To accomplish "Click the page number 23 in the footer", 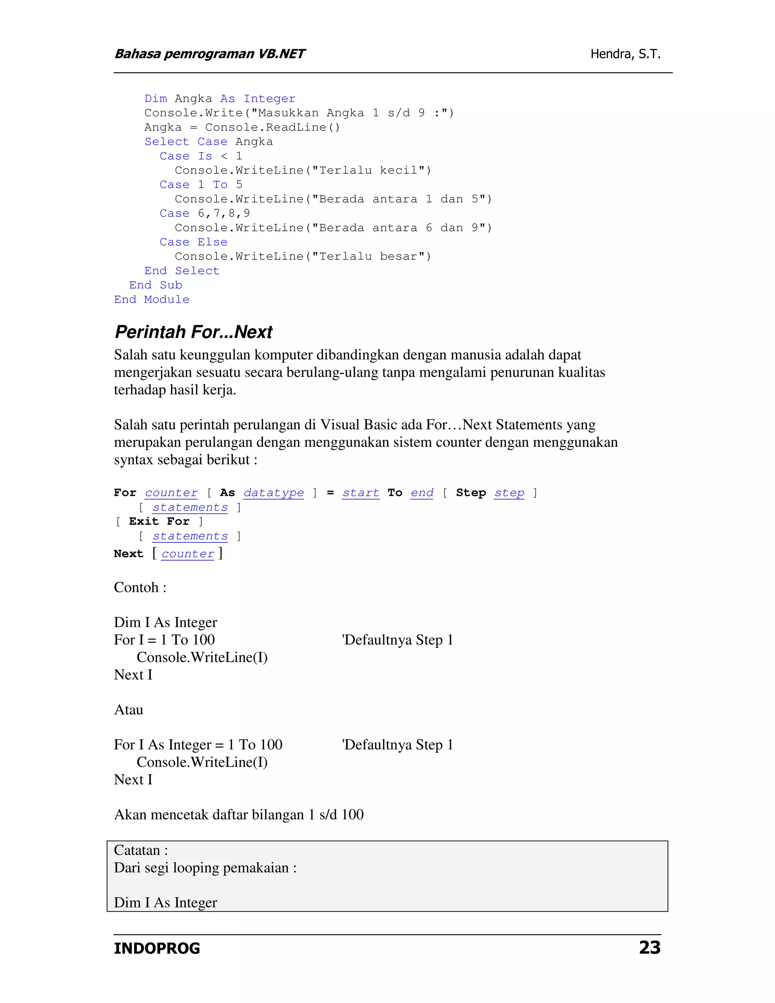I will pyautogui.click(x=649, y=948).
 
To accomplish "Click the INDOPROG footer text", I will pyautogui.click(x=157, y=949).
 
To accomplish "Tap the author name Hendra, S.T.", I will pyautogui.click(x=625, y=54).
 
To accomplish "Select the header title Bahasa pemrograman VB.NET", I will pyautogui.click(x=209, y=54).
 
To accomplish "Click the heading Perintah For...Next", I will pyautogui.click(x=193, y=332).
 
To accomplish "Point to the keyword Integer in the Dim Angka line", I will pyautogui.click(x=269, y=99).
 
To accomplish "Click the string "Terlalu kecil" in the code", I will pyautogui.click(x=368, y=170).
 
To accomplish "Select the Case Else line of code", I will pyautogui.click(x=193, y=242).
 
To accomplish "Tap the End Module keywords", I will pyautogui.click(x=151, y=299).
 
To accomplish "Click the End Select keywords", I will pyautogui.click(x=182, y=271).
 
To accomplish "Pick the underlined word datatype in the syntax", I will pyautogui.click(x=274, y=493).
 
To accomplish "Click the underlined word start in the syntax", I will pyautogui.click(x=361, y=493).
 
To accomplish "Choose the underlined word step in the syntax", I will pyautogui.click(x=509, y=493).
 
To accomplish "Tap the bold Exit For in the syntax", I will pyautogui.click(x=159, y=521).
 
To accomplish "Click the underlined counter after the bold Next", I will pyautogui.click(x=188, y=554).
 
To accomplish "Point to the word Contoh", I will pyautogui.click(x=136, y=587).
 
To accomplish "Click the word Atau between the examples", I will pyautogui.click(x=129, y=710).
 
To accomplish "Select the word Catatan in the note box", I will pyautogui.click(x=137, y=850).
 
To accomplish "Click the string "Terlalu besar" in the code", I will pyautogui.click(x=368, y=256).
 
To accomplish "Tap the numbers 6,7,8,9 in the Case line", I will pyautogui.click(x=224, y=213).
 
